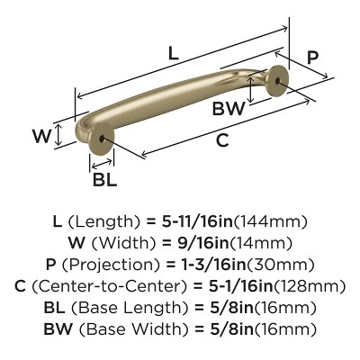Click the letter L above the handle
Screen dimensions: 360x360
(x=173, y=53)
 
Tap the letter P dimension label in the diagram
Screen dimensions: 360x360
(x=312, y=58)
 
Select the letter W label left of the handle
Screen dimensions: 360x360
(x=40, y=137)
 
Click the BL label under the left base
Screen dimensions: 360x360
(x=104, y=178)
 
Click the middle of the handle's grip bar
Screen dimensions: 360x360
(x=180, y=98)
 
